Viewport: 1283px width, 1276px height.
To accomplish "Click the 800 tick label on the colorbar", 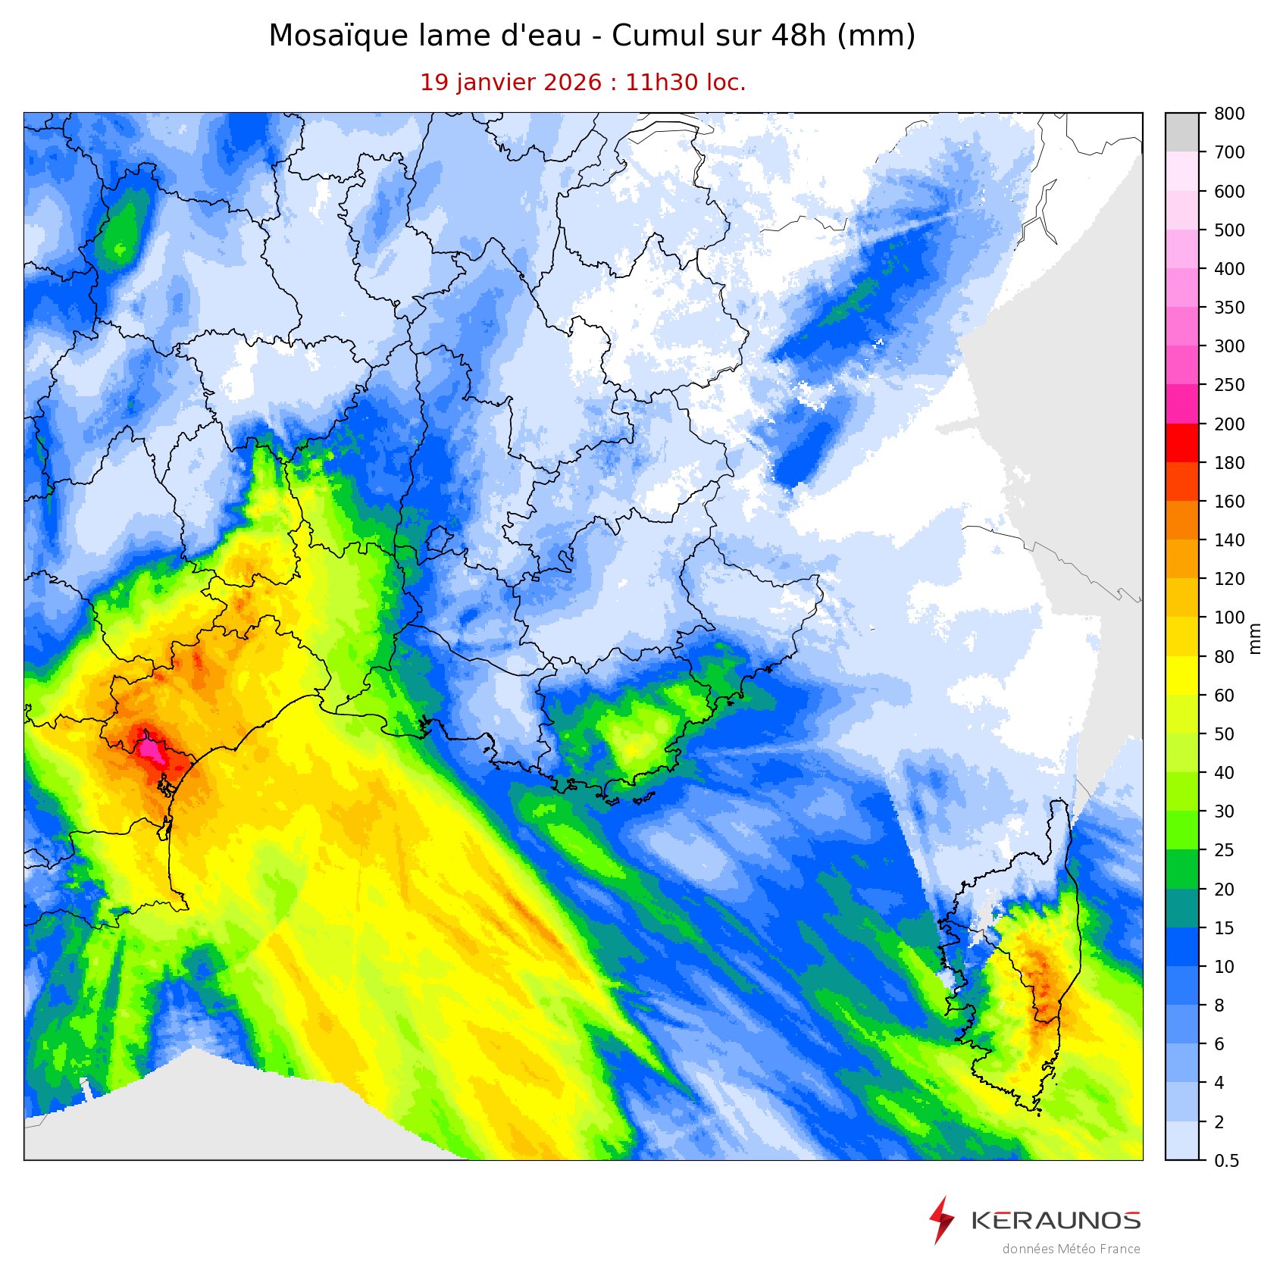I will pos(1229,114).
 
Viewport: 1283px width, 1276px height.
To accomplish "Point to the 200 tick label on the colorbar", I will pos(1229,424).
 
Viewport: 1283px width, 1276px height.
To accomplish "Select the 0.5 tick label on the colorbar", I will pos(1227,1161).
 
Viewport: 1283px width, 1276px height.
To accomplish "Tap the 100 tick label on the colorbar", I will pos(1229,618).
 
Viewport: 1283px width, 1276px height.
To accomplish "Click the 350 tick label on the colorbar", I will pos(1229,308).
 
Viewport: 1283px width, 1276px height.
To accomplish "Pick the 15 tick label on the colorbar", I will pos(1225,928).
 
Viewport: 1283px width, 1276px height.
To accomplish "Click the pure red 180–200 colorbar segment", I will pos(1182,443).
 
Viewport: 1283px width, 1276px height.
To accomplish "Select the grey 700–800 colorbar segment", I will pos(1182,132).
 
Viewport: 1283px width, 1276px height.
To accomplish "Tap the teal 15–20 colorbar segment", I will pos(1182,909).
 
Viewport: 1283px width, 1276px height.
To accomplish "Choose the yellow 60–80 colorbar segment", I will pos(1182,676).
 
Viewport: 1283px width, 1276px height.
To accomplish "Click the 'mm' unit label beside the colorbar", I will pos(1255,637).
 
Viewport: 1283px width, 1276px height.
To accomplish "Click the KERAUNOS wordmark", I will pos(1056,1221).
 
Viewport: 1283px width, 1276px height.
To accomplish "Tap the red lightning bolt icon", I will pos(941,1220).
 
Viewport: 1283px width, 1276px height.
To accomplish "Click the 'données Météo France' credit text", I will pos(1071,1249).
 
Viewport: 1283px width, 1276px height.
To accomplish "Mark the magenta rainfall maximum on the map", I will pos(150,749).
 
